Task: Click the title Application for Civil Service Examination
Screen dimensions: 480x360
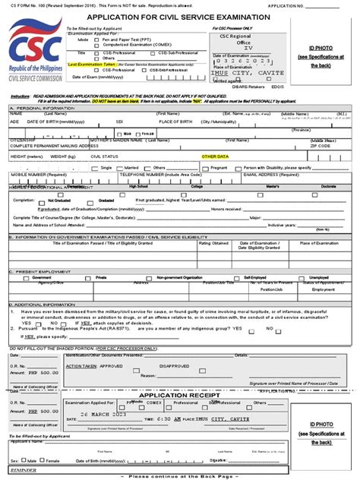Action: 178,17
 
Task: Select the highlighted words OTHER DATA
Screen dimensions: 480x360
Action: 215,156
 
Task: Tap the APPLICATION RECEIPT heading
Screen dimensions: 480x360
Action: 179,396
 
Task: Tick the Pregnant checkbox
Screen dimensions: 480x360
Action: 207,167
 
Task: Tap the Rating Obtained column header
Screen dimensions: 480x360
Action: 213,243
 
